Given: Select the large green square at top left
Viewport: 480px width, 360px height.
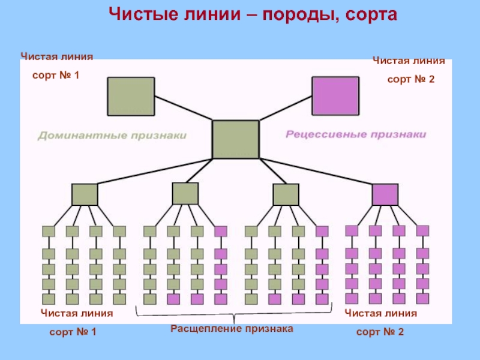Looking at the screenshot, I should pyautogui.click(x=131, y=96).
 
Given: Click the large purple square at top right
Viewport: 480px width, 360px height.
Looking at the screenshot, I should pyautogui.click(x=335, y=96).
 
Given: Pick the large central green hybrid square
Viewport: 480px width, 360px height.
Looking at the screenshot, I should pyautogui.click(x=236, y=139).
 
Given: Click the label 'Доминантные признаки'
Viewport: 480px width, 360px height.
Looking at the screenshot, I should pyautogui.click(x=112, y=136).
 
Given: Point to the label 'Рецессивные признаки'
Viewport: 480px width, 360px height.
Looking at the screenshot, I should pyautogui.click(x=355, y=135).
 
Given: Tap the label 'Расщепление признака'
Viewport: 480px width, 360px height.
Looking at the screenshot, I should pyautogui.click(x=232, y=329).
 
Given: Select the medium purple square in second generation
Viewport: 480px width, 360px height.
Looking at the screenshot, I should pyautogui.click(x=385, y=194).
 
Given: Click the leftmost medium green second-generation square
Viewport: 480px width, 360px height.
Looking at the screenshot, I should pyautogui.click(x=85, y=194).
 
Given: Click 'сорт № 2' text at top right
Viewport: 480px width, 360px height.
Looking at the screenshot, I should pyautogui.click(x=410, y=79).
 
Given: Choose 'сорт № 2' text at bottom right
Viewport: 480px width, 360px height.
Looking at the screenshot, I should pyautogui.click(x=380, y=332).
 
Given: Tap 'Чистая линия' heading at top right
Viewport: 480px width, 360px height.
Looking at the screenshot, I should pyautogui.click(x=409, y=61).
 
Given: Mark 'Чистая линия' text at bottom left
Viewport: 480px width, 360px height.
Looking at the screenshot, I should pyautogui.click(x=77, y=313).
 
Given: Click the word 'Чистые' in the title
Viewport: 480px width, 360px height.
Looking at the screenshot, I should pyautogui.click(x=143, y=13).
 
